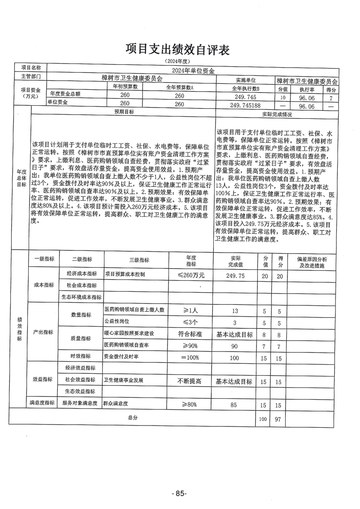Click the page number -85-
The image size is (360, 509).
click(180, 493)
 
